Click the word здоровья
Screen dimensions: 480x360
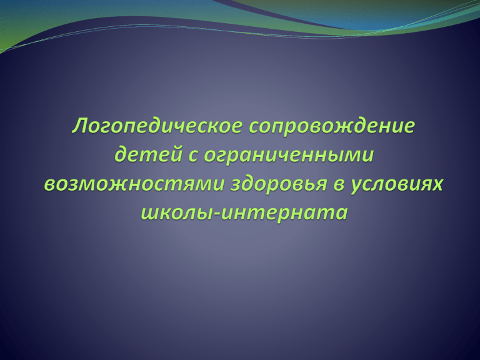(x=279, y=184)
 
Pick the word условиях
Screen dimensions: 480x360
(x=397, y=184)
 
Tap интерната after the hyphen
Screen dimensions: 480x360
(x=284, y=213)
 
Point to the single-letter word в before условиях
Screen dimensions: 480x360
(x=339, y=184)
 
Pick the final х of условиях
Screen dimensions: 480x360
(x=436, y=184)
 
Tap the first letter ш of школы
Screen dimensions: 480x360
(x=151, y=213)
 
